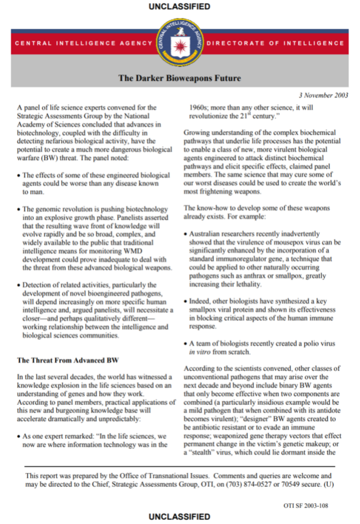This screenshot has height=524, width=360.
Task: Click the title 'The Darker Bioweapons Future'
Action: point(180,77)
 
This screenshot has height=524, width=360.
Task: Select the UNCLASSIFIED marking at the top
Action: point(180,7)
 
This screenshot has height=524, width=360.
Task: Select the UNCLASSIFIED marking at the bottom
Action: point(180,516)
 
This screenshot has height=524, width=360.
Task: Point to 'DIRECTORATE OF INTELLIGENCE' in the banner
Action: point(284,43)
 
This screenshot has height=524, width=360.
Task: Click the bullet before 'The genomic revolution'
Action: point(19,209)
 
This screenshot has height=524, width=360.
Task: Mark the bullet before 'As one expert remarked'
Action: point(19,435)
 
